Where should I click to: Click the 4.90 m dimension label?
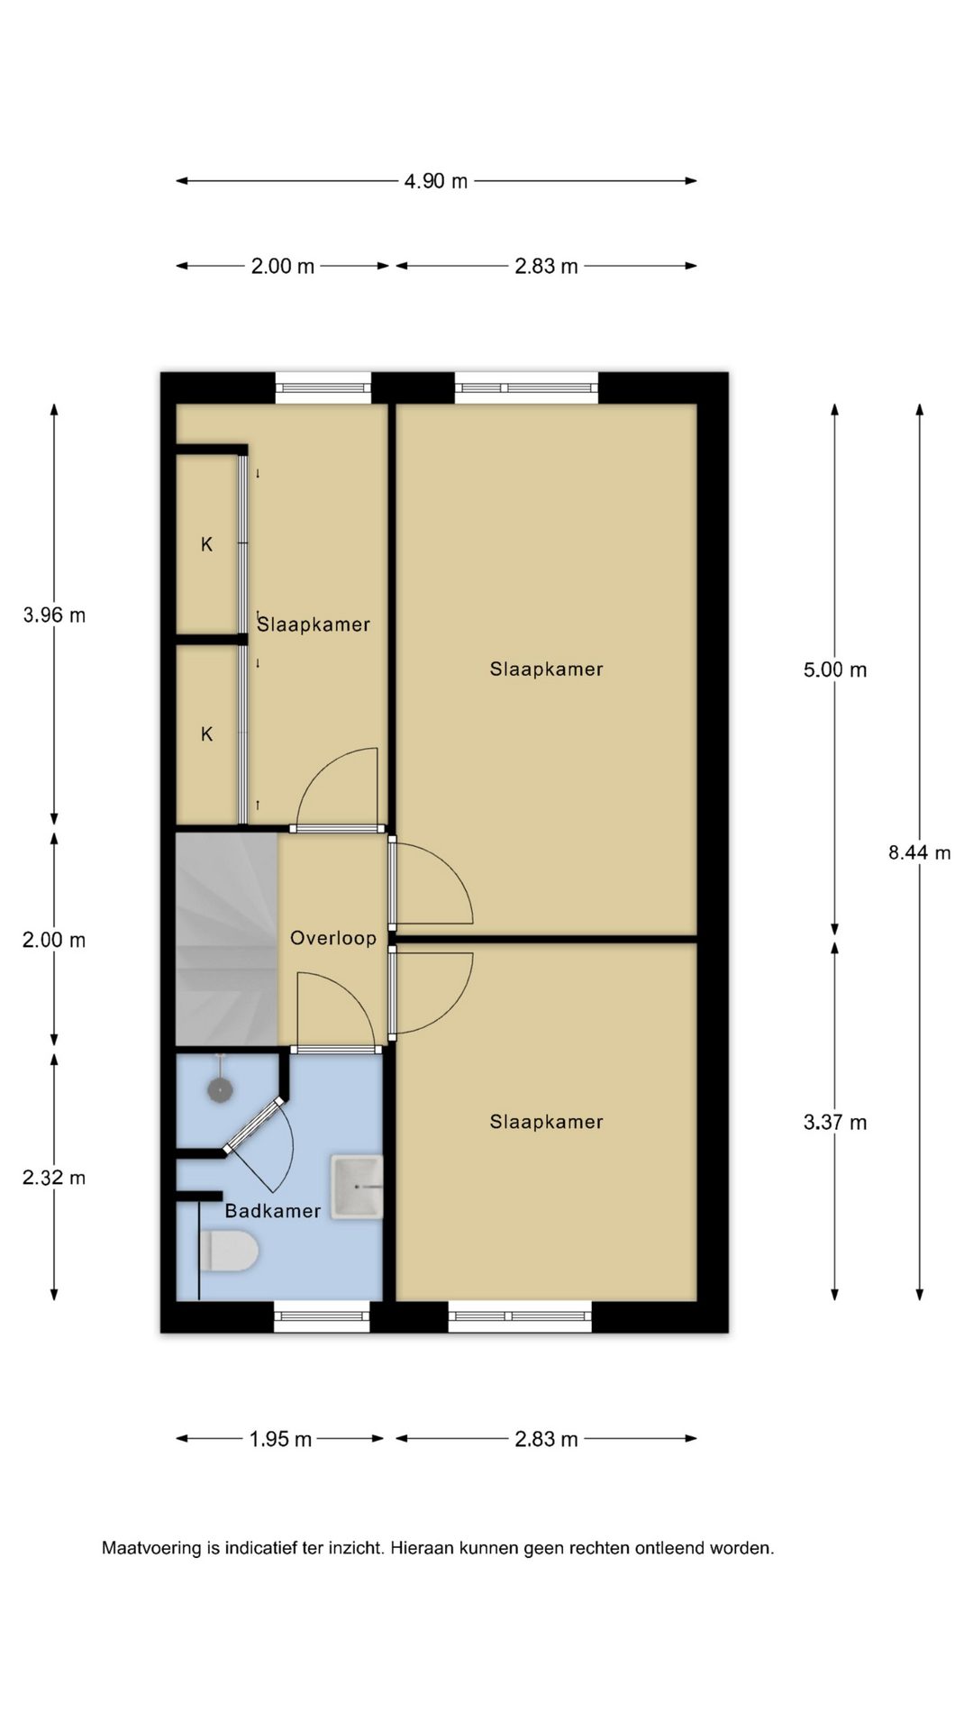pos(436,181)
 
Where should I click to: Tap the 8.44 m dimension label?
pos(920,852)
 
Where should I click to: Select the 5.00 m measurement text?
pos(835,669)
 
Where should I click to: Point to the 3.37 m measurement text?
pos(835,1122)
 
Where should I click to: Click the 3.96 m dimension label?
pos(54,615)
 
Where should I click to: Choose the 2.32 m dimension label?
pos(54,1178)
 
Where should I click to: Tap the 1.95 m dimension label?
pos(281,1439)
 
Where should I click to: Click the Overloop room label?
pos(333,938)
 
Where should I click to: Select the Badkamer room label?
pos(273,1211)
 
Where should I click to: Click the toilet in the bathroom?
pos(229,1252)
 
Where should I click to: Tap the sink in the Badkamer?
pos(357,1187)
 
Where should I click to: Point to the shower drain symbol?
pos(220,1090)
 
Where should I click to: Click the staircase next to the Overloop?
pos(226,940)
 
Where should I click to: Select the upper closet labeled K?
pos(206,544)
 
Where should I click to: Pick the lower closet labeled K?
pos(206,734)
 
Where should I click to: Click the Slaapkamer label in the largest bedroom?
pos(546,669)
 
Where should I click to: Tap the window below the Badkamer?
pos(322,1316)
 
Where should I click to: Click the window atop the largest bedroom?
pos(526,387)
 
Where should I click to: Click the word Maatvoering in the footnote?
pos(152,1549)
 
